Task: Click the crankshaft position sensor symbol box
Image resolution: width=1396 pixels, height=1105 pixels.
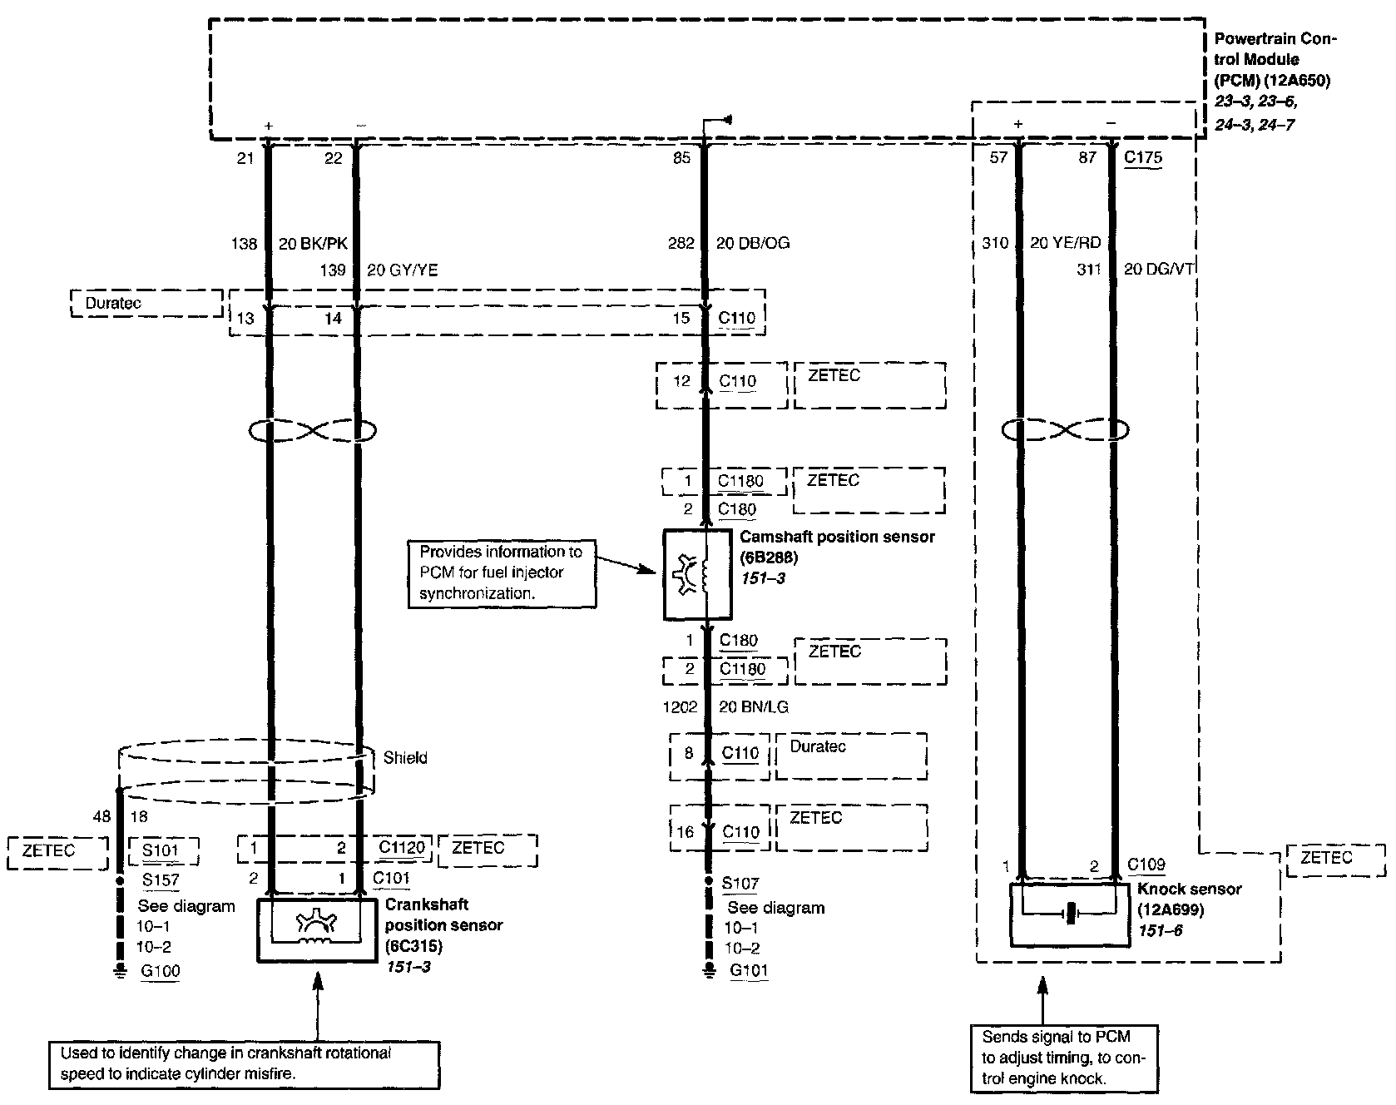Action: tap(317, 930)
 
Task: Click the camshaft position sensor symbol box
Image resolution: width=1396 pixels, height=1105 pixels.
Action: tap(697, 575)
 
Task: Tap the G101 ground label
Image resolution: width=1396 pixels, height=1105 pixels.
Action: tap(749, 970)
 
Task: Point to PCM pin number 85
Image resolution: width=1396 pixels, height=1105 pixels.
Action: tap(681, 158)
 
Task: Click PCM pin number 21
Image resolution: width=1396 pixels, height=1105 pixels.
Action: tap(245, 158)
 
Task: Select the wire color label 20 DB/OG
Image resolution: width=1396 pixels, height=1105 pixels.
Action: tap(753, 244)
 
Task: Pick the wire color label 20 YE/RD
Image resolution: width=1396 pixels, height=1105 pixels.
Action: tap(1066, 243)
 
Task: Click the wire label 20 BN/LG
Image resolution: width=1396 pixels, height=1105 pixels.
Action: tap(753, 707)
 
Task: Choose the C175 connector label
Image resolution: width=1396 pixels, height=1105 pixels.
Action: tap(1143, 157)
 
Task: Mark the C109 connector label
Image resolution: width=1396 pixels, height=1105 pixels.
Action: tap(1146, 865)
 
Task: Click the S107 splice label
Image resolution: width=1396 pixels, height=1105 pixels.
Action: tap(740, 883)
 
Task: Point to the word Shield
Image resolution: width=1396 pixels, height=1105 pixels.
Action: tap(405, 757)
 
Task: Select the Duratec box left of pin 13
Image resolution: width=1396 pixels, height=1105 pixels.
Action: tap(146, 304)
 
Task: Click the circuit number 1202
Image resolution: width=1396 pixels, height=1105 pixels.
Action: tap(680, 707)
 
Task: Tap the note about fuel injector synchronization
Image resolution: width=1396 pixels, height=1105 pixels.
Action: tap(502, 572)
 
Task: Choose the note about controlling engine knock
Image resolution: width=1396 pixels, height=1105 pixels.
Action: tap(1064, 1058)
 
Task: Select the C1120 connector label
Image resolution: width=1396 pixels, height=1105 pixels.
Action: tap(402, 848)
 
